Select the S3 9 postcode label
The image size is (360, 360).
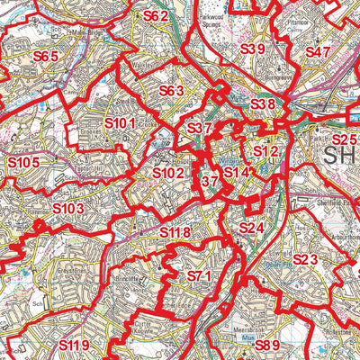(x=253, y=49)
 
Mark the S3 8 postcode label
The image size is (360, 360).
(x=262, y=105)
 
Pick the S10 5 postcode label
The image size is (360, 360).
(x=24, y=162)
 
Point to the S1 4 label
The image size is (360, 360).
(x=236, y=173)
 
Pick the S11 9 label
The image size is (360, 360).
(x=75, y=345)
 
